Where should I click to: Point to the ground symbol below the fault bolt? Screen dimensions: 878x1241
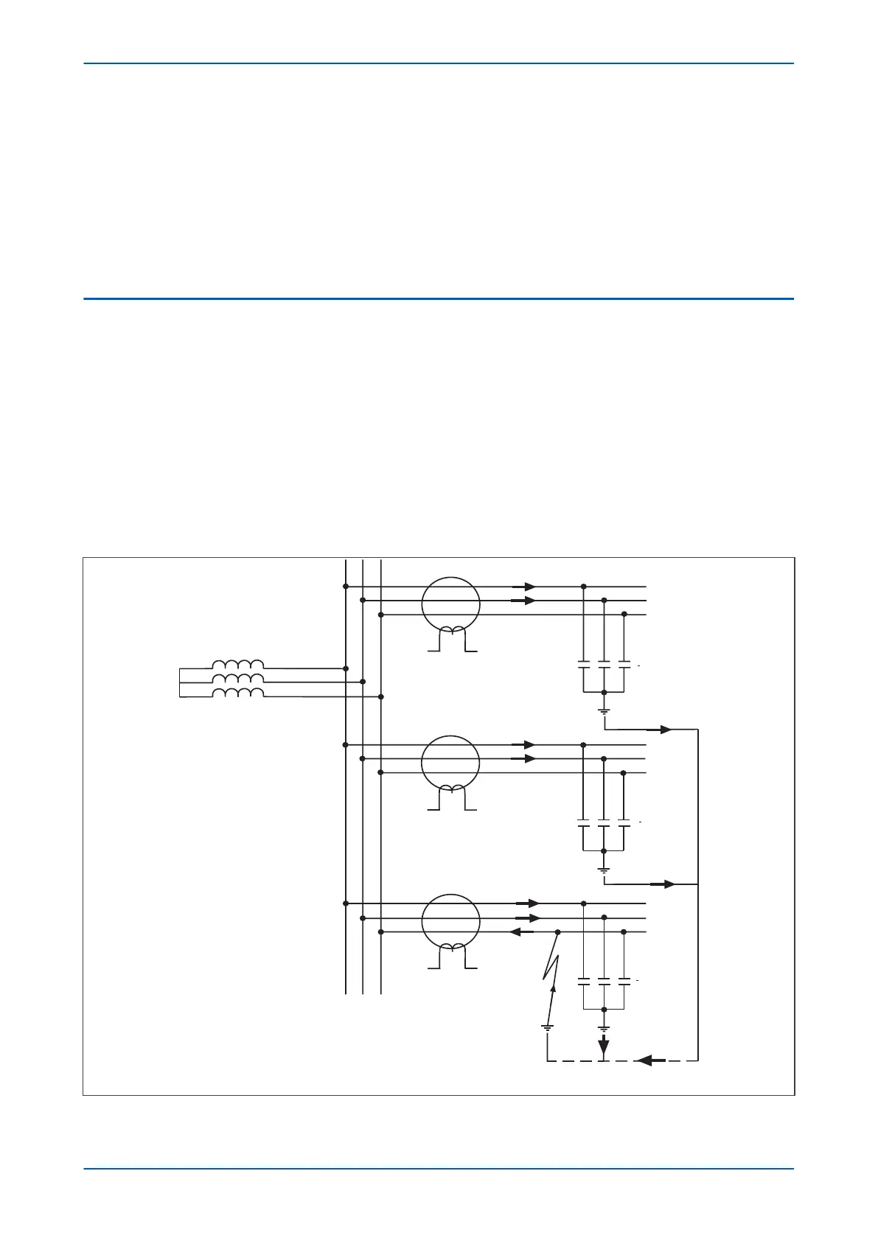point(547,1027)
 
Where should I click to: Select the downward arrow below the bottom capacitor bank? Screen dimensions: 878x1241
point(604,1045)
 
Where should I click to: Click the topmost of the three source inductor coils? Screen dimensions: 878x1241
point(237,665)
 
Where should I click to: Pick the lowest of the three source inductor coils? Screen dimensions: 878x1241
point(237,693)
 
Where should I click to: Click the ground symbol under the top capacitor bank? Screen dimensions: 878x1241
point(604,711)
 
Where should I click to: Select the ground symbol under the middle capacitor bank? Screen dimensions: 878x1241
point(604,870)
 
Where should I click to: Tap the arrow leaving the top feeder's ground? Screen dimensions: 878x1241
point(659,730)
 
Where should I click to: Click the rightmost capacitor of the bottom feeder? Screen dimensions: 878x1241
point(624,982)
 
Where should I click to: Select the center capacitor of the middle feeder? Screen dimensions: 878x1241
point(604,822)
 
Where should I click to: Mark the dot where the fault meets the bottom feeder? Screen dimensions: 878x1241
point(557,932)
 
